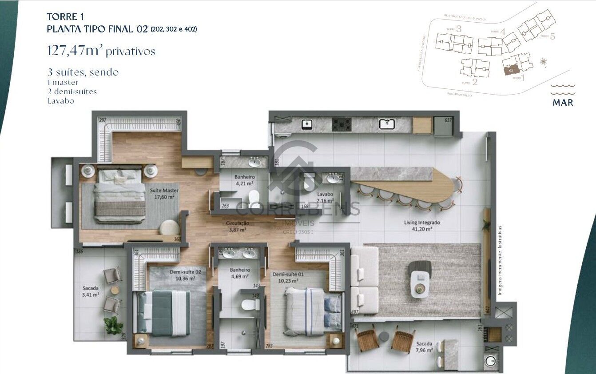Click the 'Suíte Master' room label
(x=164, y=191)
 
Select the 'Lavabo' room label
(x=325, y=195)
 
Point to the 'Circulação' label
(x=238, y=223)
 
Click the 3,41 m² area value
(x=91, y=294)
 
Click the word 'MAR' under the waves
(x=563, y=103)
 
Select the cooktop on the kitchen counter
(x=342, y=124)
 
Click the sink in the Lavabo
(x=333, y=179)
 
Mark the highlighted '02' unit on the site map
(x=511, y=70)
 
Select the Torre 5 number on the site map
(x=552, y=36)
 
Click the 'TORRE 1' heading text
(x=65, y=17)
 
